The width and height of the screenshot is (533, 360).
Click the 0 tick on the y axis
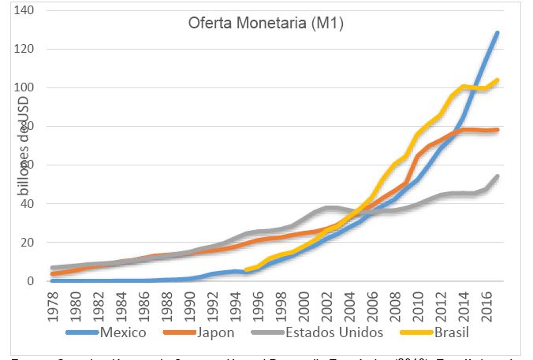pos(32,281)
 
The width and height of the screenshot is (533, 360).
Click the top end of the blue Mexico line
pos(497,33)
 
